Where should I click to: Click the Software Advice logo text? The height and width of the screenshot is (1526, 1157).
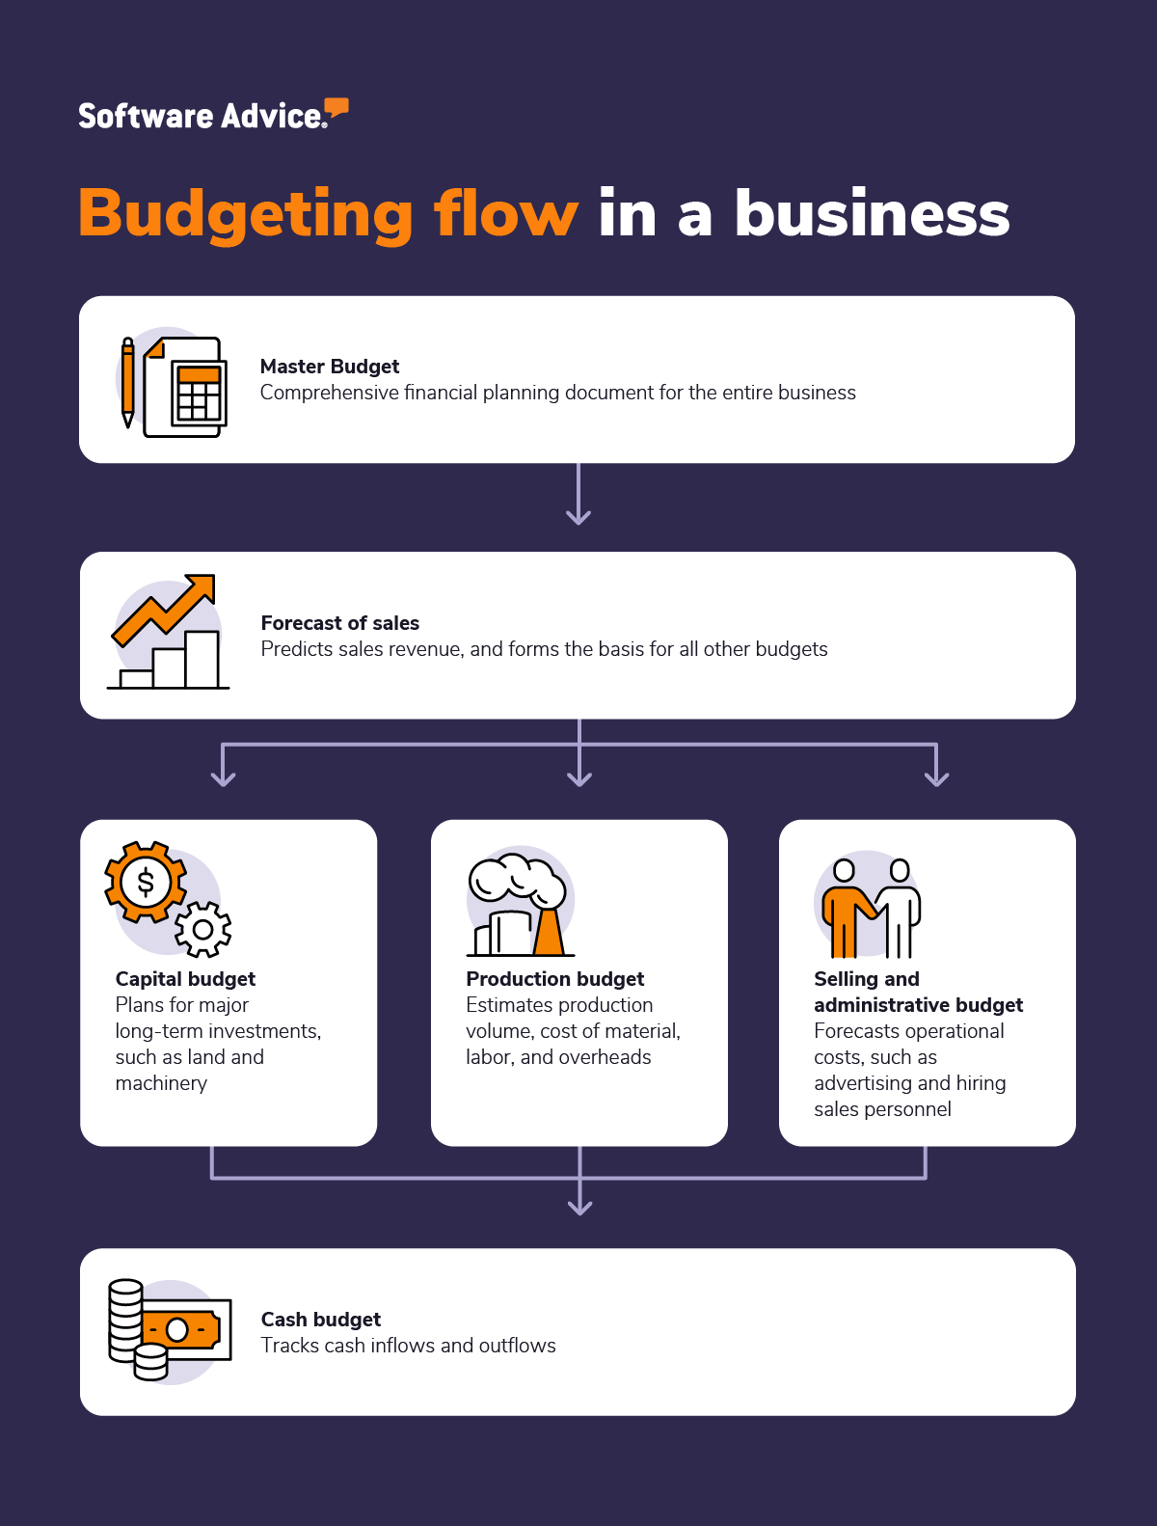click(201, 117)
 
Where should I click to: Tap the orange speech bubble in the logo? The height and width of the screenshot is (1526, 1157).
click(336, 108)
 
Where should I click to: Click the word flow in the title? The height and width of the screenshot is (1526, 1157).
click(506, 213)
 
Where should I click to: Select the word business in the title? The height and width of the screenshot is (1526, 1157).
click(872, 213)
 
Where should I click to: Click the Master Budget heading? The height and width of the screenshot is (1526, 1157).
click(330, 367)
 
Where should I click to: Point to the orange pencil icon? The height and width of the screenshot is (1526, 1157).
click(127, 382)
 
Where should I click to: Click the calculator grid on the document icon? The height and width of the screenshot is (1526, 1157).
click(199, 396)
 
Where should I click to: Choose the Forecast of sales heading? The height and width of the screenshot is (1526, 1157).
click(340, 623)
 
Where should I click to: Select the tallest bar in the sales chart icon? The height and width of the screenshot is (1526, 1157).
click(202, 659)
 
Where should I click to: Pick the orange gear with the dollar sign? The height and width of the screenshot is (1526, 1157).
click(146, 882)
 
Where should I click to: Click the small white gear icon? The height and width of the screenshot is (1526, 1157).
click(202, 930)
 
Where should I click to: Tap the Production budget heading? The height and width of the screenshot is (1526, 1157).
click(555, 979)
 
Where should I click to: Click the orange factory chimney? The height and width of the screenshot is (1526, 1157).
click(549, 932)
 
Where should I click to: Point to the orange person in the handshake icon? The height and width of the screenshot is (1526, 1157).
click(846, 912)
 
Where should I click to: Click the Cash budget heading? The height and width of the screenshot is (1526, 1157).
click(321, 1320)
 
